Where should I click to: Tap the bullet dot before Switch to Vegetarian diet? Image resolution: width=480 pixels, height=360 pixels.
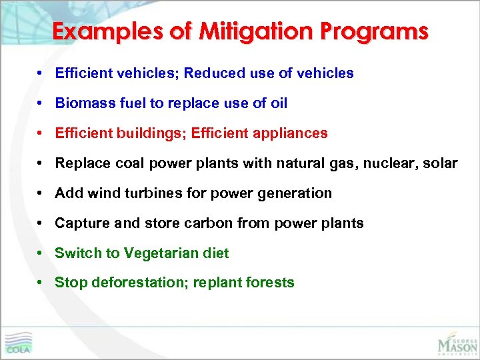coord(41,253)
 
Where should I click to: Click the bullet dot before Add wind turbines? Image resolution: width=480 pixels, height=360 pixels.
coord(41,193)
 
